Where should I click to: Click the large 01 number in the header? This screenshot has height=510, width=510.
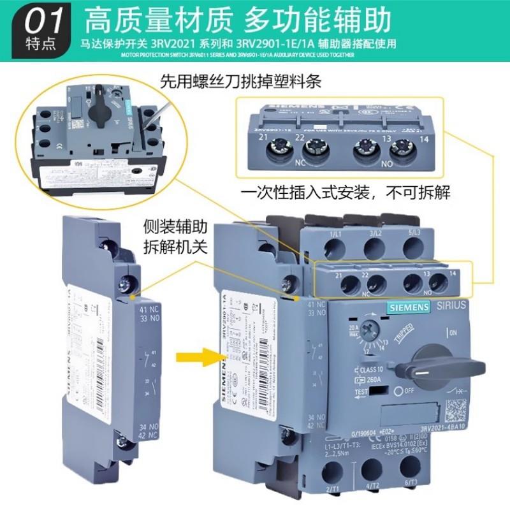(43, 22)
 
